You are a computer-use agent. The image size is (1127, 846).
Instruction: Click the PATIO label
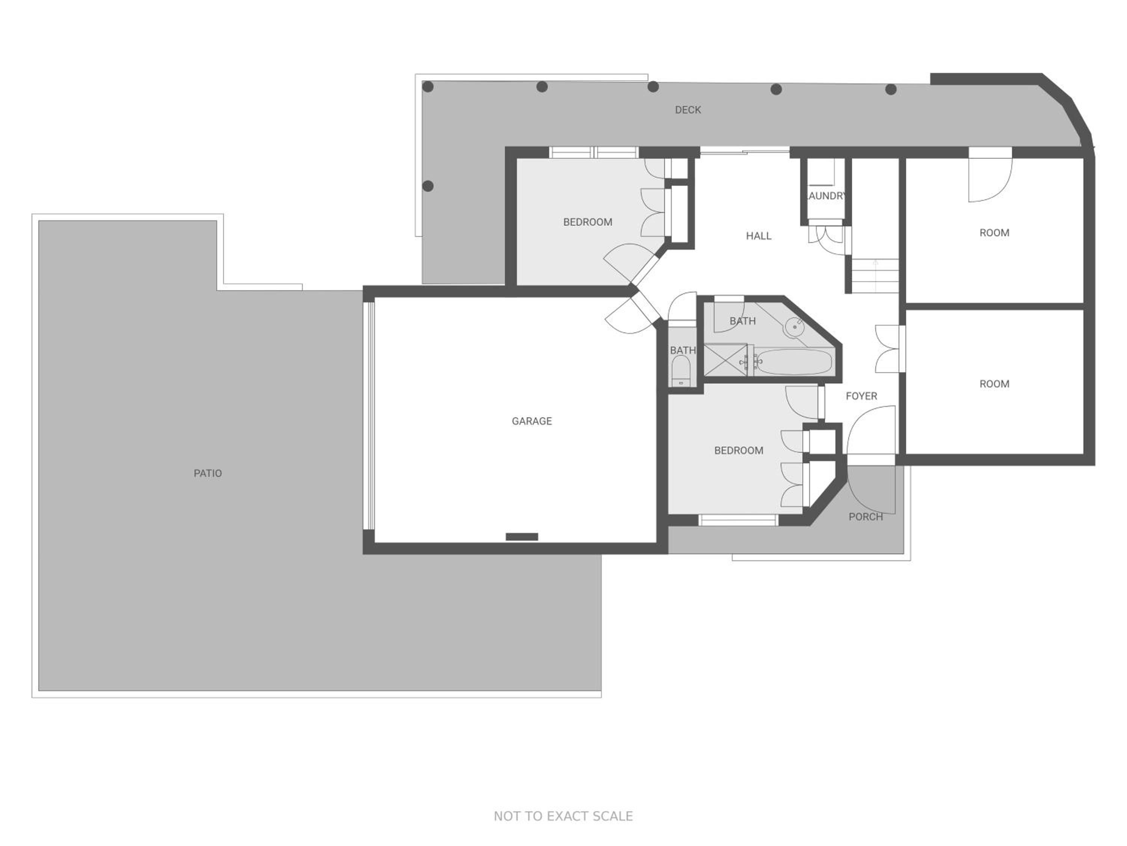pos(207,473)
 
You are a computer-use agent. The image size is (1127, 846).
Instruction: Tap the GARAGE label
pos(532,421)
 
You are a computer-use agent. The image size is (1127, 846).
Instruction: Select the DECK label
pos(688,110)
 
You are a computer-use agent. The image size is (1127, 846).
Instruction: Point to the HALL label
pos(758,236)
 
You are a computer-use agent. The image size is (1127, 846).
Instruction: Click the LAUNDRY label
pos(825,196)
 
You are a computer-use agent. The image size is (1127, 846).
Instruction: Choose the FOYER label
pos(861,396)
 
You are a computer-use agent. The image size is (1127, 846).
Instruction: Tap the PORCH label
pos(866,517)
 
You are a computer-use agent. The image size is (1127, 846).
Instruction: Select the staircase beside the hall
pos(875,275)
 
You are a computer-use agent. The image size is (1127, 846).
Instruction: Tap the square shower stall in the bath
pos(725,360)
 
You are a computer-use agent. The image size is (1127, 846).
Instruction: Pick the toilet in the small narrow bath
pos(681,371)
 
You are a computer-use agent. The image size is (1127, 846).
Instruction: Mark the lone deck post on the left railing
pos(428,186)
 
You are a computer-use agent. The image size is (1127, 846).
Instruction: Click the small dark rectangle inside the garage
pos(522,537)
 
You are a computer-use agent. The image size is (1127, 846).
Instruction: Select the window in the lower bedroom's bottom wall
pos(738,520)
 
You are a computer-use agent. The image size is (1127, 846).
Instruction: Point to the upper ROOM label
pos(994,232)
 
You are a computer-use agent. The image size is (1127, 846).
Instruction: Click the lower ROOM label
pos(994,384)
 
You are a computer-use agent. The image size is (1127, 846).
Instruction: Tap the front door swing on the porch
pos(871,489)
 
